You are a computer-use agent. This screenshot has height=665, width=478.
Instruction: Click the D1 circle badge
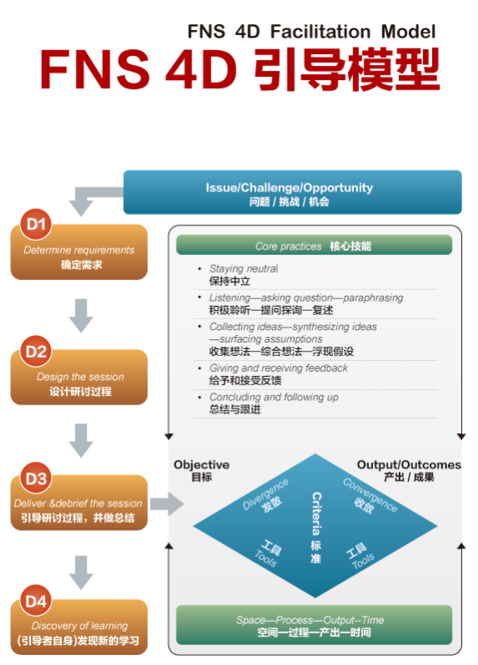[36, 224]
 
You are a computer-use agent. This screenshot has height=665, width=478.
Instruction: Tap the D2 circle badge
[36, 351]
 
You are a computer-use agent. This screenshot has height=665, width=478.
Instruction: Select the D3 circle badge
[36, 478]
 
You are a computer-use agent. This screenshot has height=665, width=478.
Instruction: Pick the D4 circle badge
[36, 601]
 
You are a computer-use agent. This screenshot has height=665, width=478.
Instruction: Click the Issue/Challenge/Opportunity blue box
[292, 192]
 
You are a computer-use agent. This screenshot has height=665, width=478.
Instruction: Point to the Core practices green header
[314, 245]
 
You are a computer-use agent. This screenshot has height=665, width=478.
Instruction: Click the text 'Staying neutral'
[244, 268]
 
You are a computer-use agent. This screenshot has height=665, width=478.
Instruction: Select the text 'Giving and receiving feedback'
[278, 367]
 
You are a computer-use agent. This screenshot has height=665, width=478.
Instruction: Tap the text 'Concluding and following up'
[274, 397]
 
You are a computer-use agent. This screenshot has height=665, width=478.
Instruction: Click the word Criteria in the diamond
[316, 513]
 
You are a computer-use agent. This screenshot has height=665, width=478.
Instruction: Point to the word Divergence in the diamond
[266, 493]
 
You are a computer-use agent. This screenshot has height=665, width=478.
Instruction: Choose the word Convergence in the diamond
[371, 495]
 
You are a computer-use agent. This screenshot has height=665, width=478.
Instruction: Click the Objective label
[202, 465]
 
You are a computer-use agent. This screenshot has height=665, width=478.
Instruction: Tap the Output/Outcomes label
[409, 465]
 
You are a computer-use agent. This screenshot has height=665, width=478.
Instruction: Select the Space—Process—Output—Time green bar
[314, 625]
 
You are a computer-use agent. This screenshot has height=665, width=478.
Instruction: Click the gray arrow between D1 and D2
[81, 316]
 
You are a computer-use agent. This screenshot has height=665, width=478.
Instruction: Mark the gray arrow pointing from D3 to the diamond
[167, 504]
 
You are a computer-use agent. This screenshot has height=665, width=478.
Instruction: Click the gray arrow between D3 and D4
[81, 572]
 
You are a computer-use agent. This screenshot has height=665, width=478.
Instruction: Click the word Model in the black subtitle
[408, 32]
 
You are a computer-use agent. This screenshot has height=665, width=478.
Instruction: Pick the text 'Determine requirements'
[79, 250]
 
